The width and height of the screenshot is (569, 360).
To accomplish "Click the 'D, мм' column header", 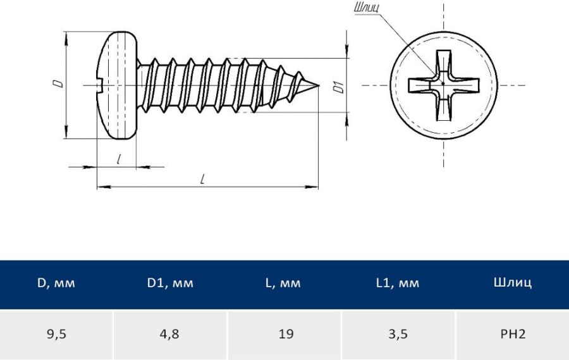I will point(56,283).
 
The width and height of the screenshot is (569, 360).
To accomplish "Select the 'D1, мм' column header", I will point(171,283).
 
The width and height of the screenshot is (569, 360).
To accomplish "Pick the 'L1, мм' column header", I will point(398,283).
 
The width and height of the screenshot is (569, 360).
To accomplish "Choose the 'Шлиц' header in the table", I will point(512,283).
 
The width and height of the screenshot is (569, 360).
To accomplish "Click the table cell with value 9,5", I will point(56,334).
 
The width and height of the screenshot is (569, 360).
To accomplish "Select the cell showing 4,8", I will point(171,334).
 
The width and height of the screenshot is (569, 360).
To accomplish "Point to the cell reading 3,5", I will point(398,334).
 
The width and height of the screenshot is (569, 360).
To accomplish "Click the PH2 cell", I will point(512,334).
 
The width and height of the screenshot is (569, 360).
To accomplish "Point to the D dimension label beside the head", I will point(57,84).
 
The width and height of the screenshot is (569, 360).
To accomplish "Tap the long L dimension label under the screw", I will point(202,179).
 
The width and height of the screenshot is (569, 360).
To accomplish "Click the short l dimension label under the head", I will point(119,159).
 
